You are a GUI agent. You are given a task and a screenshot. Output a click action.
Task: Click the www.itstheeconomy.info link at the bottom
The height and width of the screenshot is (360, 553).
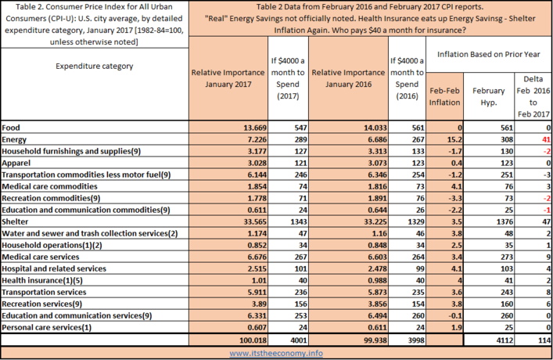click(276, 353)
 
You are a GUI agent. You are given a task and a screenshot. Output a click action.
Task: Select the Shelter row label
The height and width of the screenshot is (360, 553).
click(15, 221)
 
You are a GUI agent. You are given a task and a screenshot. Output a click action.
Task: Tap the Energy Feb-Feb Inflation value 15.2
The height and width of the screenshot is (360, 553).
click(454, 139)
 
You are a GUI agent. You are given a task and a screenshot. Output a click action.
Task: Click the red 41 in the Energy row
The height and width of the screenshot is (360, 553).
click(546, 139)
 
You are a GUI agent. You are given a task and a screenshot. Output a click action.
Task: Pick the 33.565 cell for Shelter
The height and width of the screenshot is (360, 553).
click(255, 221)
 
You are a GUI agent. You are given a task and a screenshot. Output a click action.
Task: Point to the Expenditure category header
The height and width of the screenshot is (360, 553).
click(95, 66)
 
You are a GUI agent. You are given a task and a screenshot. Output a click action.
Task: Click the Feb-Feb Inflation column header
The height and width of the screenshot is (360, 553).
click(444, 96)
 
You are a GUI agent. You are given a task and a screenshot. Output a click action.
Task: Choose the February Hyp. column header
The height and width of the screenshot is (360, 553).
click(488, 96)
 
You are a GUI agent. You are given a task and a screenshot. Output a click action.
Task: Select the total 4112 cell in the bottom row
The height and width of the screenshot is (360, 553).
click(505, 340)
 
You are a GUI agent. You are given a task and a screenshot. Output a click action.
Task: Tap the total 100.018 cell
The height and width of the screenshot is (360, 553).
click(253, 340)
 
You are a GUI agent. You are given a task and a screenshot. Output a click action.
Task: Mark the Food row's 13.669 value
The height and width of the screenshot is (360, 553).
click(255, 128)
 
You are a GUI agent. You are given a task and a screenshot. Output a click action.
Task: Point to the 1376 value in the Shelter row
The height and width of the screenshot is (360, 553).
click(505, 221)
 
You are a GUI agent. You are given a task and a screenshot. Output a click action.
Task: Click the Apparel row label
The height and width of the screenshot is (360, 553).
click(16, 163)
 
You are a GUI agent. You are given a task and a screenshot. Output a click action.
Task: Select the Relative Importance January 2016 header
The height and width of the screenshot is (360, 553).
click(348, 78)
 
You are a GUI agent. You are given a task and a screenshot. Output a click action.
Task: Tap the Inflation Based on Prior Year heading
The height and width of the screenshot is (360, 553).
click(488, 54)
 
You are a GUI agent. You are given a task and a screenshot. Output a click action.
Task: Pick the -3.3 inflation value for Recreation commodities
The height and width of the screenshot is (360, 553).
click(455, 198)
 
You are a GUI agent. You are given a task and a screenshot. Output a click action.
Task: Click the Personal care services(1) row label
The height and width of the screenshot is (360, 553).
click(47, 327)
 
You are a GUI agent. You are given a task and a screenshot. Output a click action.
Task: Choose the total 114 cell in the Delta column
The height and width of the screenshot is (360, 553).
click(544, 340)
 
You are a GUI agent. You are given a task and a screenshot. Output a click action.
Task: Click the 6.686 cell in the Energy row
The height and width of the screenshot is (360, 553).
click(375, 139)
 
